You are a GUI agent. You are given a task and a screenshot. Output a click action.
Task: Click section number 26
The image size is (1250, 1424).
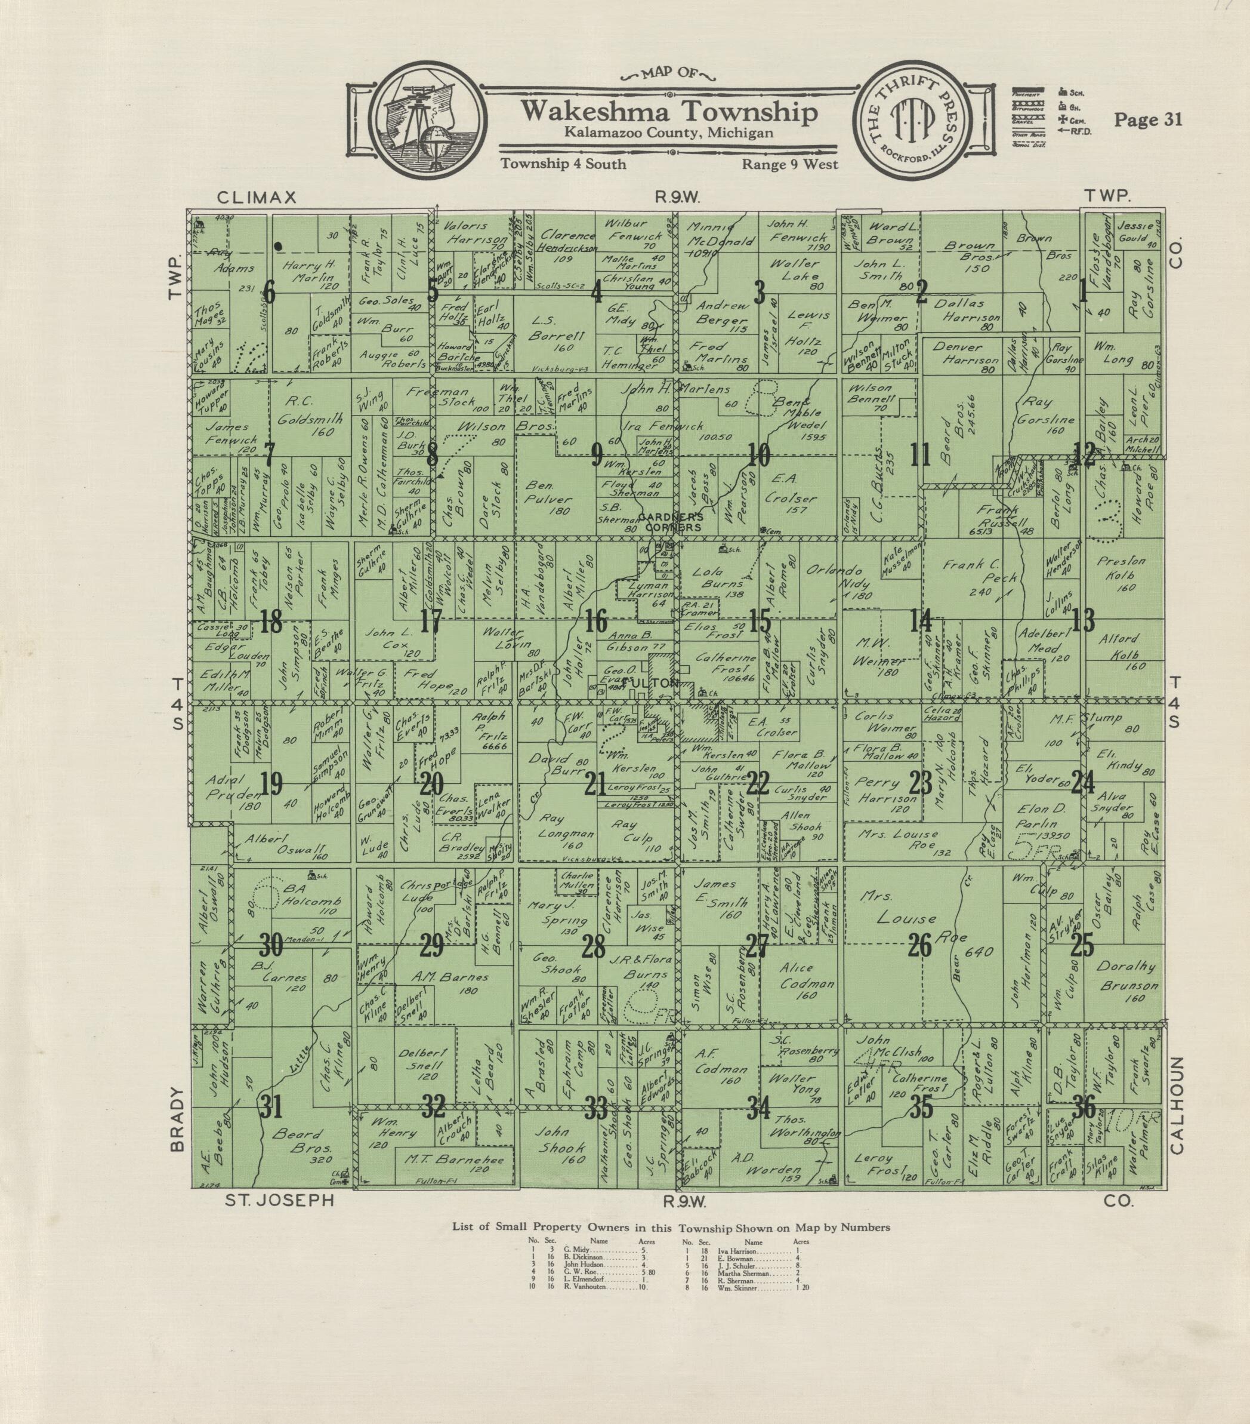point(920,945)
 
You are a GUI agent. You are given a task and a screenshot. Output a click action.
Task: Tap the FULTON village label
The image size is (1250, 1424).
point(652,684)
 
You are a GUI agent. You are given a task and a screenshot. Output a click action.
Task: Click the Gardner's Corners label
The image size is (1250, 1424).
point(670,522)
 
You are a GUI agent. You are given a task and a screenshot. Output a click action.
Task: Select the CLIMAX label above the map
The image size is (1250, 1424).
point(257,197)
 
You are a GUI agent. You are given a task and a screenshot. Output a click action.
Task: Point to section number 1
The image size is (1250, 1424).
point(1083,293)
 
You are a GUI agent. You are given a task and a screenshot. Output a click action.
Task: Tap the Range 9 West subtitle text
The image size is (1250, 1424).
point(790,164)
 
